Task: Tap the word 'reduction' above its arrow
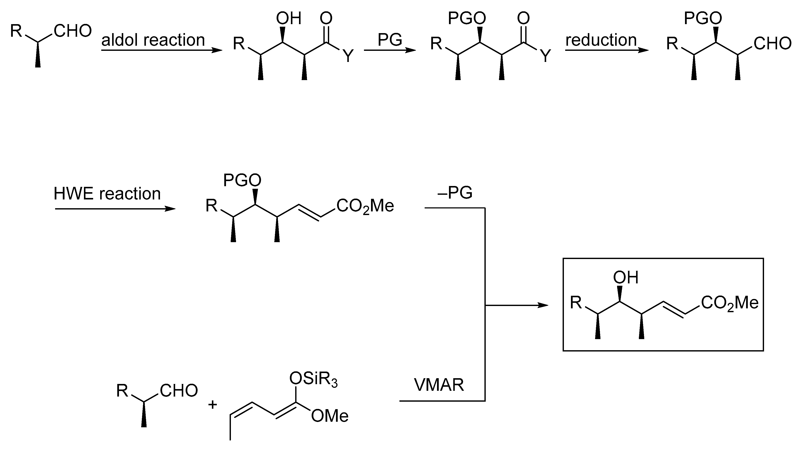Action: pos(601,40)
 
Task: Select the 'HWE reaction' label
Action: pos(107,194)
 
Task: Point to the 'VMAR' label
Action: pos(439,385)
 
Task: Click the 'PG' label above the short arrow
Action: pos(390,40)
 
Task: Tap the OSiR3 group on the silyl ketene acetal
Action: pos(313,379)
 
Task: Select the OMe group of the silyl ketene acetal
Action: pos(330,416)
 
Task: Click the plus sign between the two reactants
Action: pos(213,404)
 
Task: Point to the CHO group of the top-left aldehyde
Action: pos(73,31)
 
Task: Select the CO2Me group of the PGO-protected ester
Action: pos(365,206)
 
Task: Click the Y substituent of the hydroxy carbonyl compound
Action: pos(348,56)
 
